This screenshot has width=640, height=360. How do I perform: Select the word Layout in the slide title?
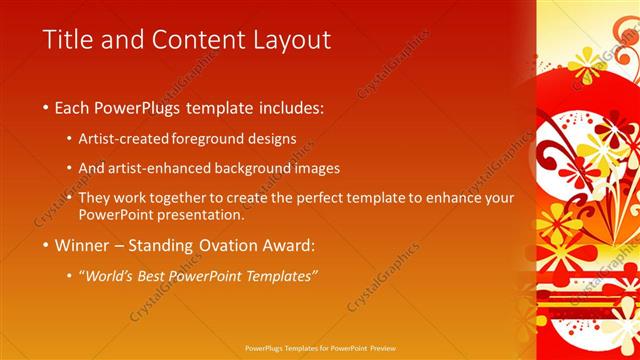(x=290, y=40)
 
